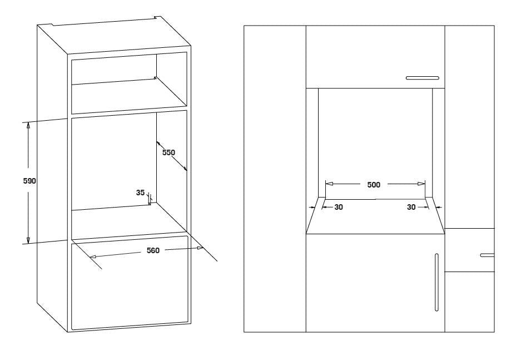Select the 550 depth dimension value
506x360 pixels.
point(169,152)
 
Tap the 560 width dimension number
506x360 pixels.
point(153,251)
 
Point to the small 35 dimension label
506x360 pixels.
point(140,193)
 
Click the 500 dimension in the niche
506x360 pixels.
point(374,185)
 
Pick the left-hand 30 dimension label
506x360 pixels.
point(338,207)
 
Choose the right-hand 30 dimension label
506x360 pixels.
point(411,207)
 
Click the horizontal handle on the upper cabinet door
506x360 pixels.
point(423,78)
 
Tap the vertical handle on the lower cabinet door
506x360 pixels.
point(435,283)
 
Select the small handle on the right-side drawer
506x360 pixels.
point(487,255)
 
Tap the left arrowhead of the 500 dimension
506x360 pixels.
point(329,183)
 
